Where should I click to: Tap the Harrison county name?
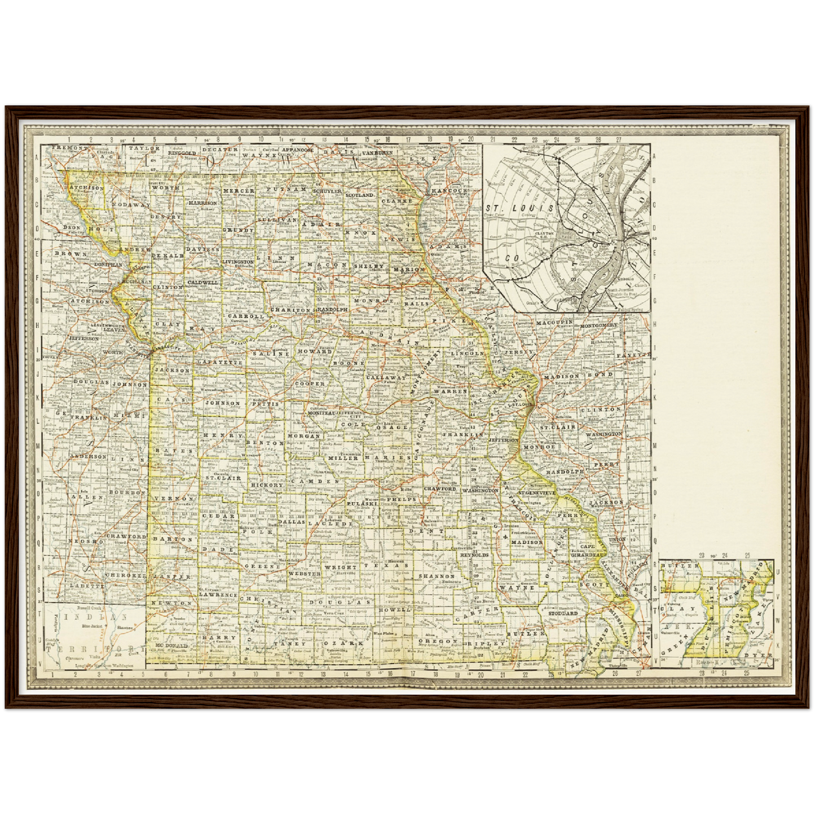202,202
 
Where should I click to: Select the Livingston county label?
237,262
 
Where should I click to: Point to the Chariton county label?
290,310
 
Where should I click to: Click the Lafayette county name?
220,363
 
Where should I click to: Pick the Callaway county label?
386,377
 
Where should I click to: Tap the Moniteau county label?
321,413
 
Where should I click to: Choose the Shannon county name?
437,576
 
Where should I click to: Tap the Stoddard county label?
562,613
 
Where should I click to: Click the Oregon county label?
438,641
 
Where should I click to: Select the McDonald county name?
168,645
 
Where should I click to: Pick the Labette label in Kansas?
87,586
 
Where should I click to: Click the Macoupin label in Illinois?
554,322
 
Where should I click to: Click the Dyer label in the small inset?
762,656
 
